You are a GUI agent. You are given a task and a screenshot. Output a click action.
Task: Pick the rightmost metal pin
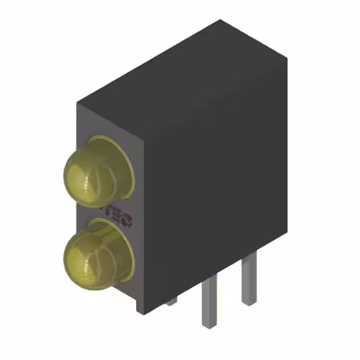(x=249, y=278)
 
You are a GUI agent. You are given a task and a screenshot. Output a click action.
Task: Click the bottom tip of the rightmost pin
(x=249, y=304)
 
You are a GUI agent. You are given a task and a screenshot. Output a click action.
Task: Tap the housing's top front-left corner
(x=78, y=103)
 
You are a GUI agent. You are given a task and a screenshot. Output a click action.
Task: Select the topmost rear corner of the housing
(x=220, y=20)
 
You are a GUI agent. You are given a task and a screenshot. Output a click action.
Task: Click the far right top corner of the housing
(x=287, y=58)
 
